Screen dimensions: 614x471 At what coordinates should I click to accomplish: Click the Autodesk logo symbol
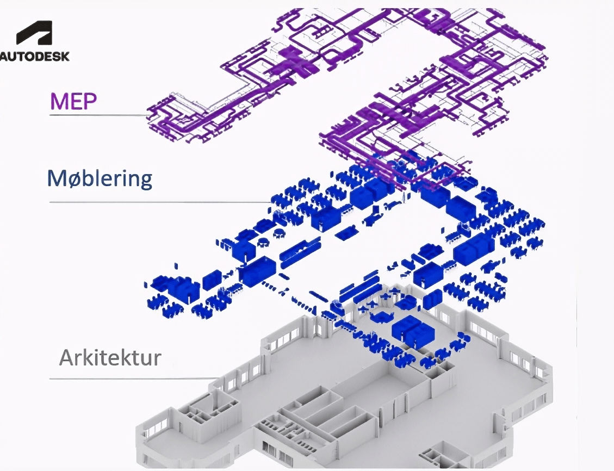coord(34,33)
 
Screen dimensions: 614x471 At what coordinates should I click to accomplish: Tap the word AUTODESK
coord(34,56)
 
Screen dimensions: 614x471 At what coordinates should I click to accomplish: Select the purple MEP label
coord(73,101)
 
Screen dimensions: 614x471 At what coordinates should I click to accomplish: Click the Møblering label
coord(100,178)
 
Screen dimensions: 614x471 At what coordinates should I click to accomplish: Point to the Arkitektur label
coord(110,357)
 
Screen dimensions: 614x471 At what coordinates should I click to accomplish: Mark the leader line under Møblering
coord(161,202)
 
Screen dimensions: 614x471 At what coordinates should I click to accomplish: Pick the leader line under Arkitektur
coord(134,379)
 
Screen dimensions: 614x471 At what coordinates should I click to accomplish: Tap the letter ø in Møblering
coord(72,179)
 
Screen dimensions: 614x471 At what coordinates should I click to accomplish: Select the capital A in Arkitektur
coord(67,357)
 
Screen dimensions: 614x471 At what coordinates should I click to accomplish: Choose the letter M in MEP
coord(59,101)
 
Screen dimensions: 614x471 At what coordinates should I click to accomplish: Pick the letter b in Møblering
coord(85,178)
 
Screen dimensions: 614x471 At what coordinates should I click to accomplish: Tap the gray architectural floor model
coord(345,388)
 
